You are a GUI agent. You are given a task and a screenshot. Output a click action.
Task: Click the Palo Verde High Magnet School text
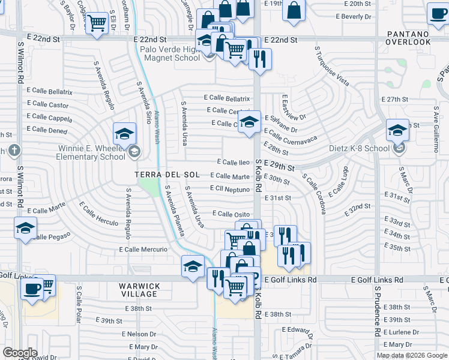tap(170, 53)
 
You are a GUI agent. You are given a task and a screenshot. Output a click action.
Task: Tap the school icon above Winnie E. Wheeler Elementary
tap(125, 134)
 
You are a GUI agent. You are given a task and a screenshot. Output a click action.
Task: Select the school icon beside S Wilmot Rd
tap(25, 228)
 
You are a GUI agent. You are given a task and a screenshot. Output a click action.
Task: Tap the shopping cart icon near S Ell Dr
tap(96, 23)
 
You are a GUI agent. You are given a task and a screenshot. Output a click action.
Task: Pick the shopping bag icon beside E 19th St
tap(294, 11)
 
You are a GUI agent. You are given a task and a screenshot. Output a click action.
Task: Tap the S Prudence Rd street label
tap(378, 316)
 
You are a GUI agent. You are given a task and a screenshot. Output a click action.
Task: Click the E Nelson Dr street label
tap(139, 334)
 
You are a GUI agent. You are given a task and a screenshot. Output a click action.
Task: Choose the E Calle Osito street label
tap(231, 214)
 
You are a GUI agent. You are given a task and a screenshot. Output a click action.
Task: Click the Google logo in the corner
tap(20, 352)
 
